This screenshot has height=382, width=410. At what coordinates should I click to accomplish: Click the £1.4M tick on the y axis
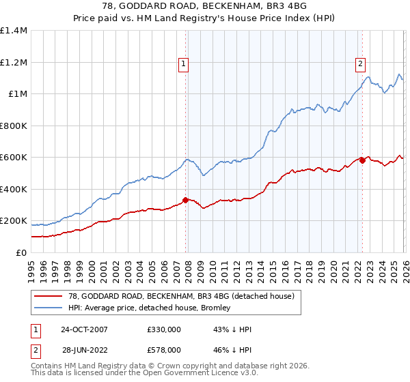coord(14,31)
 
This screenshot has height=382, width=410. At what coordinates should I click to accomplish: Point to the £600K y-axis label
coord(14,158)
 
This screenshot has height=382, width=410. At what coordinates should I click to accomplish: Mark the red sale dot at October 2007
coord(185,201)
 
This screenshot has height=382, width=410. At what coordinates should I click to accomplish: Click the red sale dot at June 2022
coord(361,161)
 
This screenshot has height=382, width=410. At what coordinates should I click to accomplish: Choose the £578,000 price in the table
coord(163,349)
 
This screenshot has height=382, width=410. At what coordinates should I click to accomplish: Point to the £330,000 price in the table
coord(163,329)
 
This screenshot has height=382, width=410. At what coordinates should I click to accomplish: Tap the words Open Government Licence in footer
coord(175,374)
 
